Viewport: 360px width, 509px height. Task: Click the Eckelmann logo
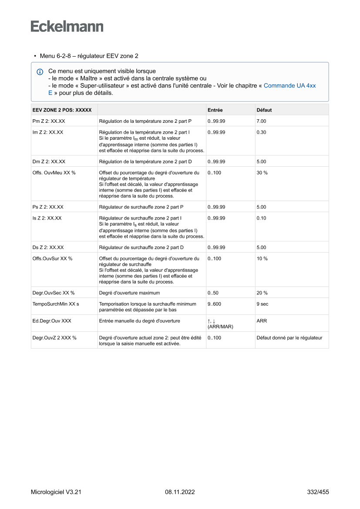click(67, 26)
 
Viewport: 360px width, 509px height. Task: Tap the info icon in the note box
click(40, 71)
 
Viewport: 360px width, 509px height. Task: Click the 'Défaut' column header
click(264, 110)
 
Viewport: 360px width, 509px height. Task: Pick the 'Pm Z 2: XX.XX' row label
click(49, 121)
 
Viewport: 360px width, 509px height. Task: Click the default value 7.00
click(261, 121)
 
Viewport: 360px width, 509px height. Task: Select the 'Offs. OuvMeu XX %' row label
click(54, 173)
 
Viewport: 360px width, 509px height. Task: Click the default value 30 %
click(262, 173)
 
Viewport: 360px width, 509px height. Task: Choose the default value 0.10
click(261, 218)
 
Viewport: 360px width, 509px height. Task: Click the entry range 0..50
click(213, 293)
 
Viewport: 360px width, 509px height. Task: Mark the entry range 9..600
click(215, 304)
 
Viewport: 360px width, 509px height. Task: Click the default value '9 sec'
click(263, 304)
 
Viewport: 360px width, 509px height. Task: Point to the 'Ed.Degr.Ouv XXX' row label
click(52, 321)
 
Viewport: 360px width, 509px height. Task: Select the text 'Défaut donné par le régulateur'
click(289, 338)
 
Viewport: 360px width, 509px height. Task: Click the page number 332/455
click(318, 492)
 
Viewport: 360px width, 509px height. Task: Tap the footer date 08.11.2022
click(180, 492)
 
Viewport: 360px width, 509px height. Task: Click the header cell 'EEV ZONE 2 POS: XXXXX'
click(62, 110)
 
